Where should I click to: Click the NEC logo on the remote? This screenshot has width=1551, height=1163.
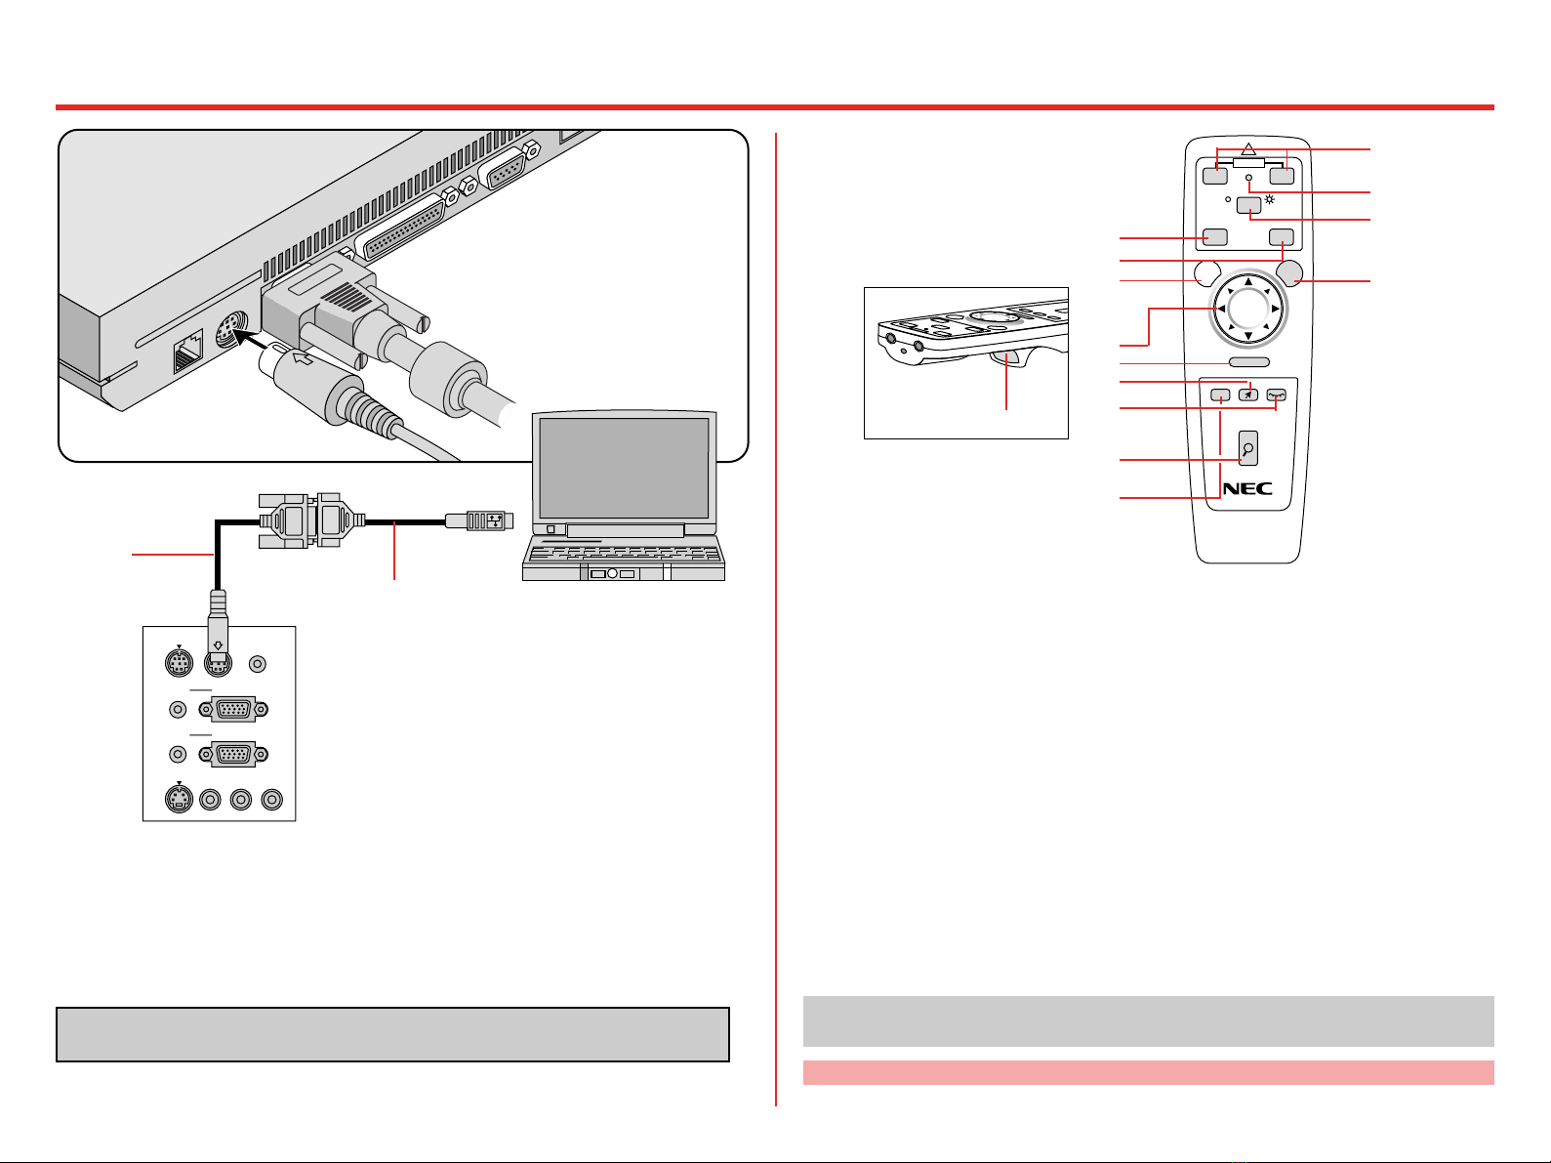(x=1247, y=488)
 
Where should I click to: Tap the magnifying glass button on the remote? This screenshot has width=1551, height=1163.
(x=1248, y=448)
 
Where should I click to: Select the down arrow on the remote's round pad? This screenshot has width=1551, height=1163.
(x=1247, y=336)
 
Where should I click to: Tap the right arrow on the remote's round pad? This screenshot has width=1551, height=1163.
(x=1276, y=309)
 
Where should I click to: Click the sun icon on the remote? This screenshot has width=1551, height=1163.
(x=1270, y=200)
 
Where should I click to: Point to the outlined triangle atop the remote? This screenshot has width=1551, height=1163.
(x=1248, y=149)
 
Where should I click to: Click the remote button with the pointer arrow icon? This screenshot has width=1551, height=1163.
(x=1248, y=395)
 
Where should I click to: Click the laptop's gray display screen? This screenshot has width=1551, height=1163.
(x=624, y=468)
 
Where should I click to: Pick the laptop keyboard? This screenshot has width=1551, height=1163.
(x=623, y=554)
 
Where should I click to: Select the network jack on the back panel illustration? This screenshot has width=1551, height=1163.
(x=188, y=352)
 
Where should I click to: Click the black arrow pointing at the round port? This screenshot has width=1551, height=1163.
(x=251, y=340)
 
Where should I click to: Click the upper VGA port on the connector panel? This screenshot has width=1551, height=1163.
(x=233, y=709)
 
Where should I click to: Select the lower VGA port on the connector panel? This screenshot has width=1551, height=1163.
(x=233, y=755)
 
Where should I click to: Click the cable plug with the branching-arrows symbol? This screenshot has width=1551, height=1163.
(x=479, y=521)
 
